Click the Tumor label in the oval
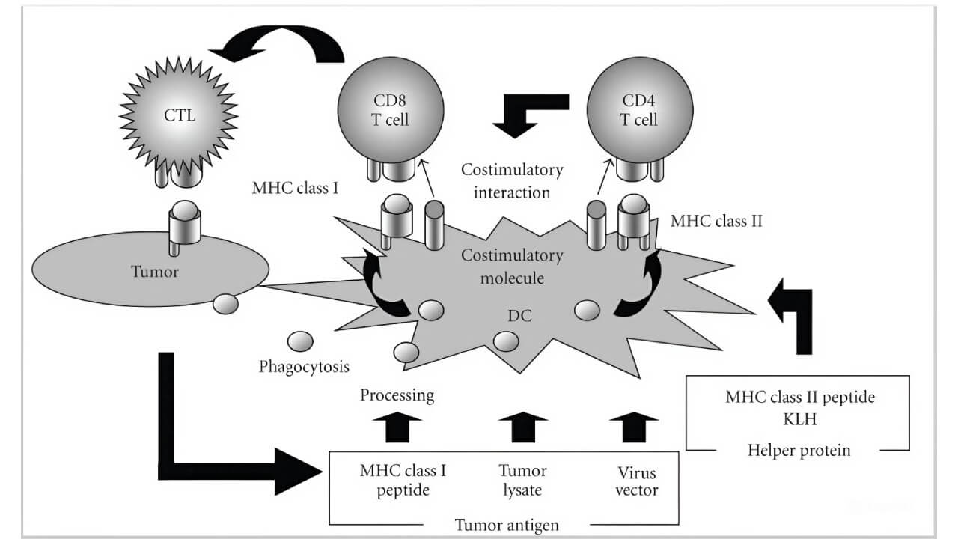point(154,272)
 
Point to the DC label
point(519,315)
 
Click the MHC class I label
point(295,187)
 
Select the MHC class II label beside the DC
point(716,221)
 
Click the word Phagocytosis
point(304,367)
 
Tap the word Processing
point(397,395)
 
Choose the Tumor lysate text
point(522,481)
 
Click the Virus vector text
point(637,481)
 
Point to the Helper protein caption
point(799,450)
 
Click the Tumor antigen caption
point(507,524)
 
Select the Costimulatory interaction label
point(512,180)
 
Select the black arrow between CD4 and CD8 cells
point(528,112)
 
